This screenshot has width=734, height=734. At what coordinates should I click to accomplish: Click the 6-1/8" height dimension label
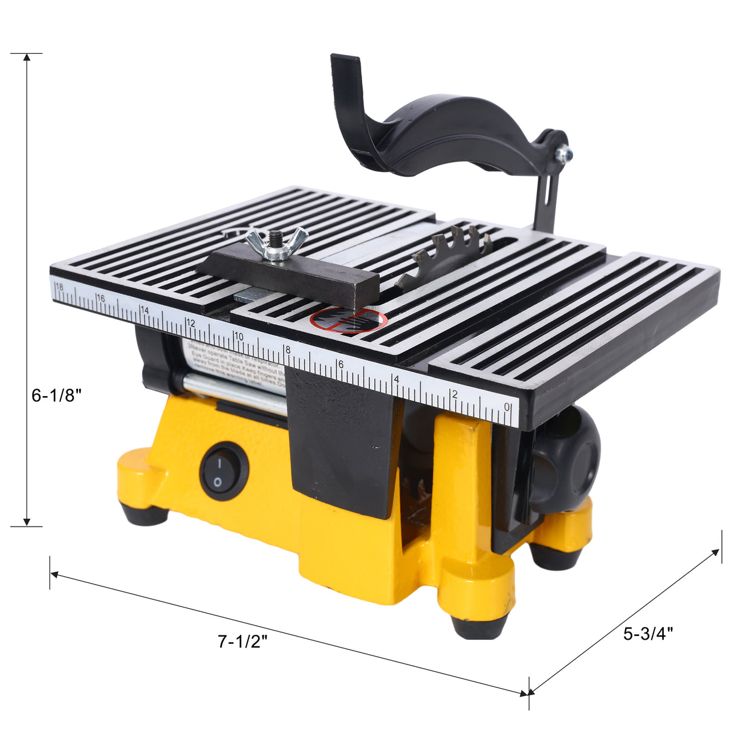[x=56, y=396]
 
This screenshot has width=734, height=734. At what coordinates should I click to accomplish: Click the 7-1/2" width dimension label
[x=242, y=641]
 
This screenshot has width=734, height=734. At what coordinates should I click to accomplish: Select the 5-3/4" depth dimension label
[x=648, y=634]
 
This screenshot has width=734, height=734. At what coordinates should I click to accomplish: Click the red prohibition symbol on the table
[x=348, y=320]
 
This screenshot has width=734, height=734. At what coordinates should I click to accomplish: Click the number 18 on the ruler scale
[x=59, y=286]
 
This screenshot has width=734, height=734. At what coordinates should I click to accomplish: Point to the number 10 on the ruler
[x=238, y=336]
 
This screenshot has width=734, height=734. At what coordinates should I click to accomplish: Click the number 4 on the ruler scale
[x=396, y=379]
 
